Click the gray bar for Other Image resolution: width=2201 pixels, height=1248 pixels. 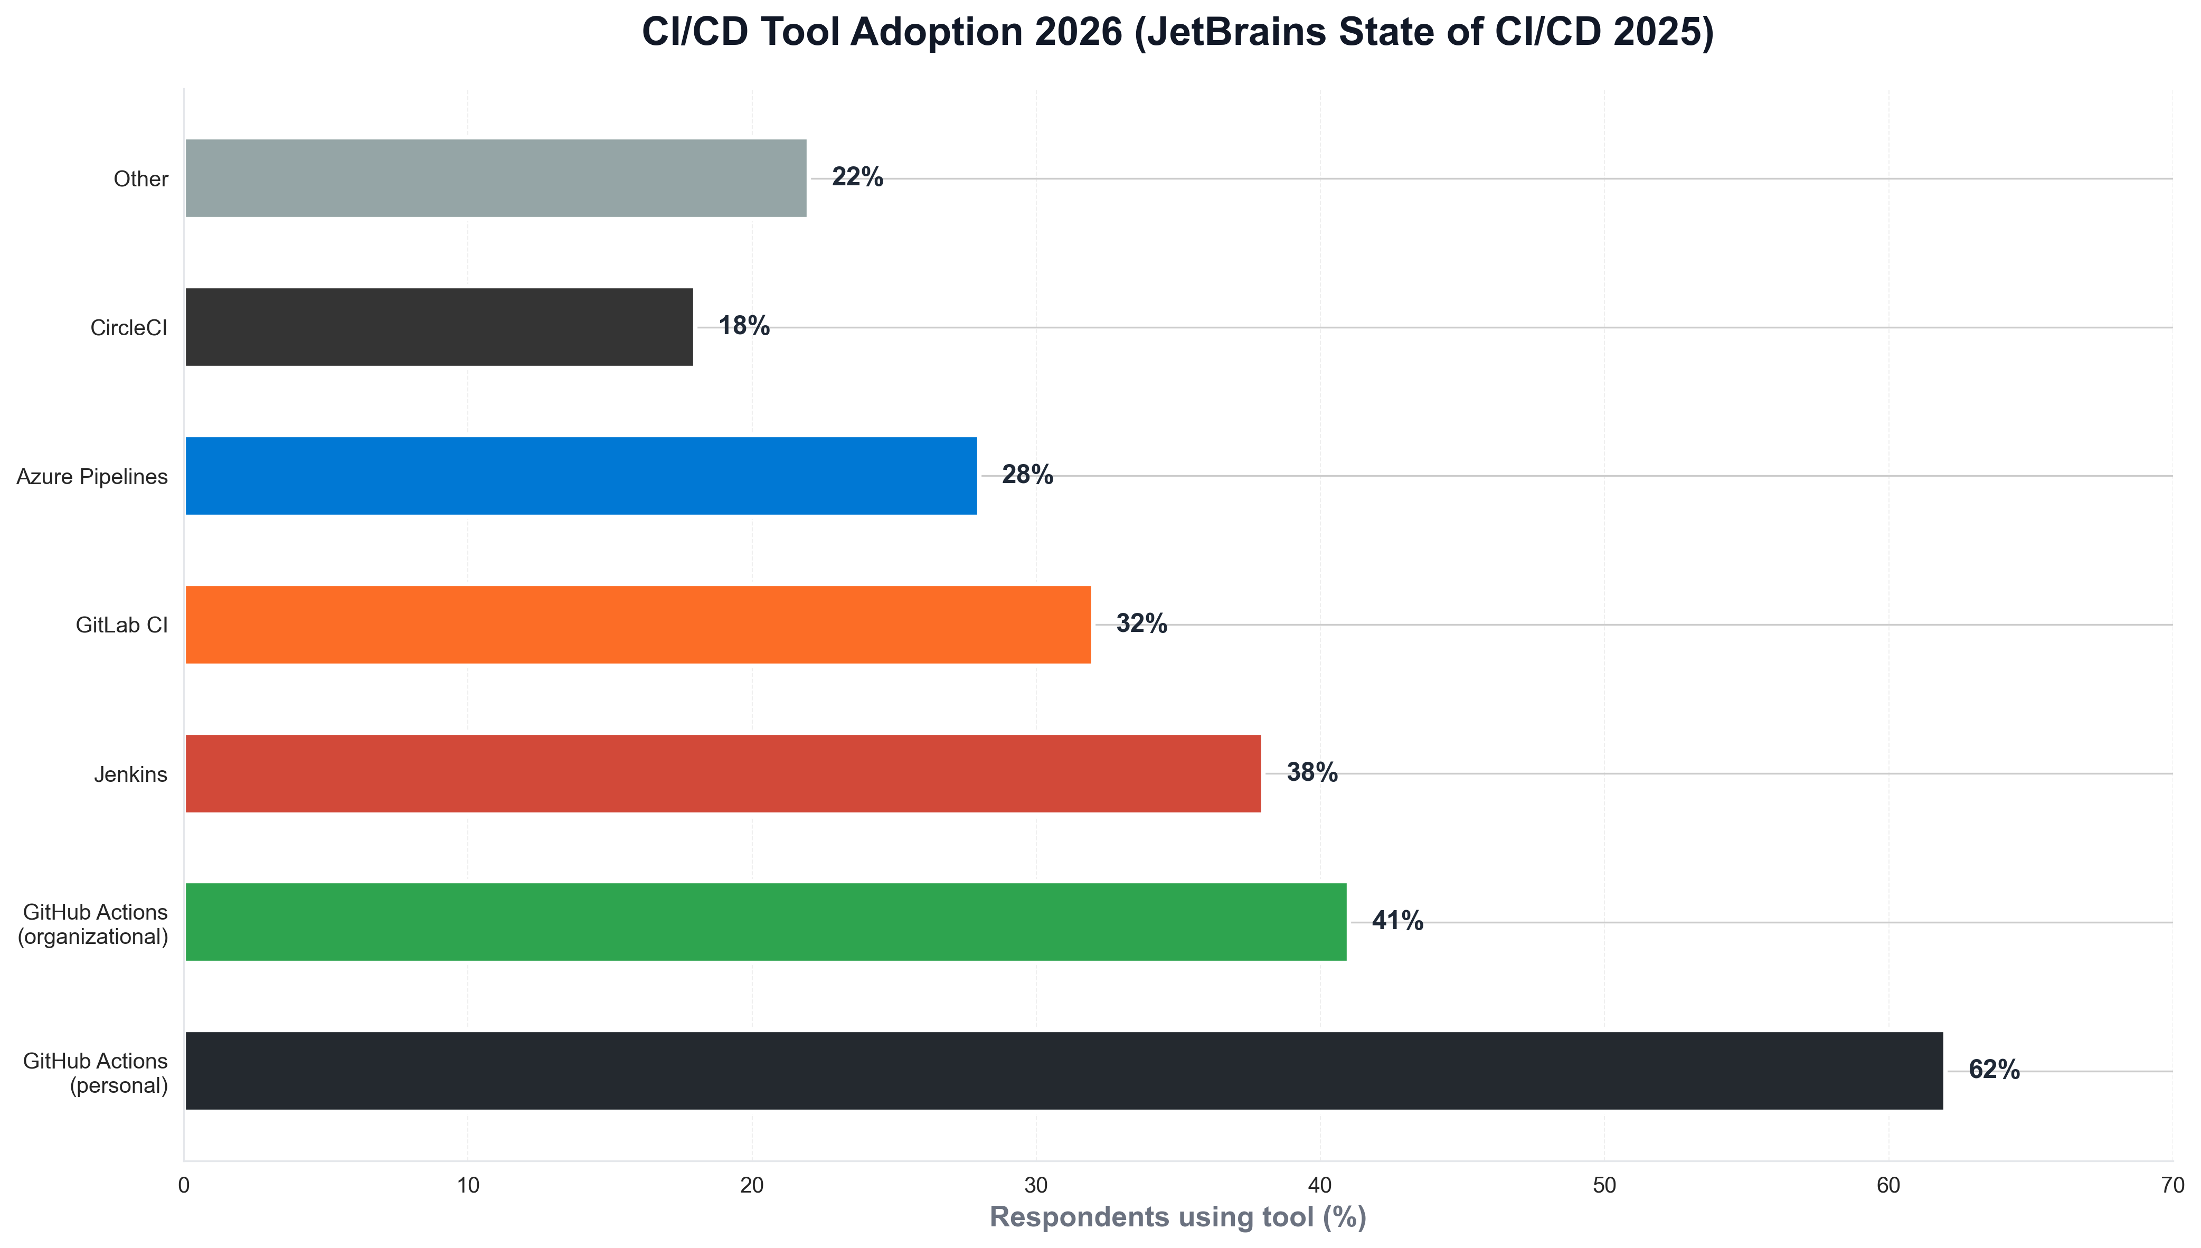pyautogui.click(x=495, y=178)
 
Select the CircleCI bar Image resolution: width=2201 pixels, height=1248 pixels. pyautogui.click(x=439, y=327)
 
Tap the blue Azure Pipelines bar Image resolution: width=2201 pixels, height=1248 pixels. pyautogui.click(x=581, y=476)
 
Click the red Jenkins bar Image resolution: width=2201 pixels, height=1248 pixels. pyautogui.click(x=723, y=773)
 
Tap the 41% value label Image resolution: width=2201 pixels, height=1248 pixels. pyautogui.click(x=1397, y=921)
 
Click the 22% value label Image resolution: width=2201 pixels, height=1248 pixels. pyautogui.click(x=857, y=177)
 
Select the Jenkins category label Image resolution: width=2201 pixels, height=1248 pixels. pyautogui.click(x=130, y=775)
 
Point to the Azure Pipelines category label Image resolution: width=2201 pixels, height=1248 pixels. pyautogui.click(x=92, y=477)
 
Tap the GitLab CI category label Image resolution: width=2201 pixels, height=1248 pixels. pyautogui.click(x=122, y=626)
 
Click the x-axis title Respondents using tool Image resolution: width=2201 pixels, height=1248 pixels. pyautogui.click(x=1178, y=1217)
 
